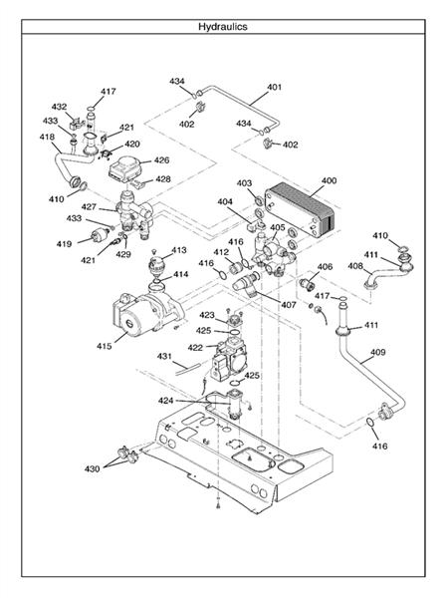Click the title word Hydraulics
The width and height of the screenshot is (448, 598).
click(x=223, y=27)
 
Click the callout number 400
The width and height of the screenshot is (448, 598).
click(x=330, y=180)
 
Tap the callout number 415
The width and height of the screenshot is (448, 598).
click(x=104, y=346)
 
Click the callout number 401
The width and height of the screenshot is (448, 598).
click(x=274, y=87)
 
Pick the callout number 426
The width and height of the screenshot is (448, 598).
click(x=161, y=160)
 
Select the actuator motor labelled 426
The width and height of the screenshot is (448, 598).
click(x=125, y=168)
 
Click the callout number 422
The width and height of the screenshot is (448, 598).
click(x=195, y=348)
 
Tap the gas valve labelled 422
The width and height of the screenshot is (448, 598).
click(x=230, y=360)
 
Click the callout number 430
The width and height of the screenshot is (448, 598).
click(x=92, y=468)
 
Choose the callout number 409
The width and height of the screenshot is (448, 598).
click(x=377, y=352)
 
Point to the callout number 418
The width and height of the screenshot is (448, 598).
click(x=47, y=137)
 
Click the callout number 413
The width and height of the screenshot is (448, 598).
click(x=178, y=250)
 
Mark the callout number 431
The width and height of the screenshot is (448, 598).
click(x=164, y=356)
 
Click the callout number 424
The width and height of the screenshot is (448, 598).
click(x=165, y=401)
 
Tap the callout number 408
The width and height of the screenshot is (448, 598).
click(x=355, y=266)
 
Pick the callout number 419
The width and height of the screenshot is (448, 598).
click(x=64, y=244)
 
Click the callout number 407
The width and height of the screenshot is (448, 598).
click(x=289, y=305)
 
